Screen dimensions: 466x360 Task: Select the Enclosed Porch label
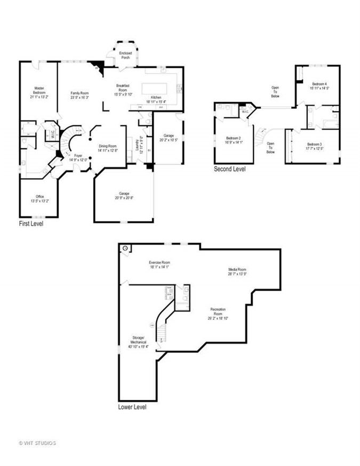[x=125, y=55]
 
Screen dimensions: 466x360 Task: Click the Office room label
[x=39, y=199]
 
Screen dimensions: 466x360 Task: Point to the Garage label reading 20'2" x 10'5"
[x=169, y=138]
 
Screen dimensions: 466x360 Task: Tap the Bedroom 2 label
[x=234, y=140]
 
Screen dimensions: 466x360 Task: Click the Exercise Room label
[x=159, y=265]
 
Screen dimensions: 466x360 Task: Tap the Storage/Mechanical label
[x=138, y=341]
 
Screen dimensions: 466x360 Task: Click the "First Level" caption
[x=31, y=224]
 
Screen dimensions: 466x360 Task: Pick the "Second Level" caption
[x=230, y=169]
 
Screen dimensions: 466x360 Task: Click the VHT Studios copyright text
[x=37, y=443]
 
